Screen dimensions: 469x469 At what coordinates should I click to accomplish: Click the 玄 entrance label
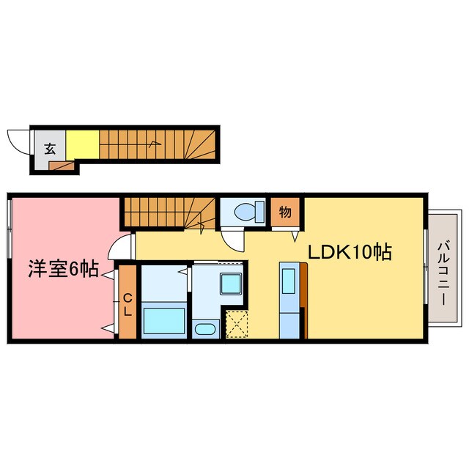[x=50, y=147]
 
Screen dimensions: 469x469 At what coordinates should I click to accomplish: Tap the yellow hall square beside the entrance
[x=82, y=143]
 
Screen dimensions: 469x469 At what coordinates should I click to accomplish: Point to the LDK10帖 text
[x=348, y=253]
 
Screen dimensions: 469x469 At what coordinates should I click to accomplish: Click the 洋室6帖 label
[x=63, y=269]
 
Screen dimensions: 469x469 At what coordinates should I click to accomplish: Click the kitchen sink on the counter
[x=288, y=281]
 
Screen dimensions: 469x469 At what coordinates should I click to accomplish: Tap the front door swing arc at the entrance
[x=17, y=139]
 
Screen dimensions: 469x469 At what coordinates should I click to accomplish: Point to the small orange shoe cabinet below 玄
[x=62, y=165]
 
